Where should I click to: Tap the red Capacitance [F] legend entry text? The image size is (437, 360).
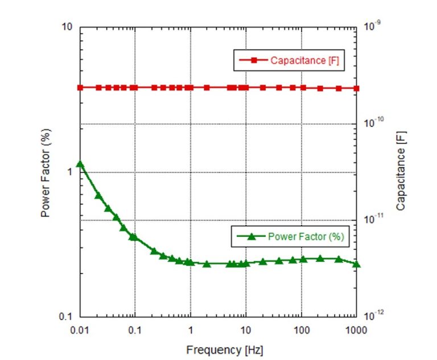click(304, 60)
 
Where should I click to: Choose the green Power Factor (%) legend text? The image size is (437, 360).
click(305, 236)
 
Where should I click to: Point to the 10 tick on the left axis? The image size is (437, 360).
click(68, 27)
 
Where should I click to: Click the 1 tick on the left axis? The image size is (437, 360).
click(71, 172)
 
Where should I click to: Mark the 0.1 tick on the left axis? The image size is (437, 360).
click(67, 317)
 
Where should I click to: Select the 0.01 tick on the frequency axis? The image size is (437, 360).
click(80, 330)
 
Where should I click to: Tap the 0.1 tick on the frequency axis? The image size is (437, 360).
click(135, 330)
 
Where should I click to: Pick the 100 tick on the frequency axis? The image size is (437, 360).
click(301, 330)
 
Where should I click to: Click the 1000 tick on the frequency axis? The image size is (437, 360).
click(356, 330)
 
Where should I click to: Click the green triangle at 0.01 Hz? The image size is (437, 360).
click(80, 164)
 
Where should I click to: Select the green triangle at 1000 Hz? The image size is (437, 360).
click(356, 264)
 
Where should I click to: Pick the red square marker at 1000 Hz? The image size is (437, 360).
click(356, 88)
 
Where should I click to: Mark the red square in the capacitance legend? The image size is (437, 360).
click(254, 60)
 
